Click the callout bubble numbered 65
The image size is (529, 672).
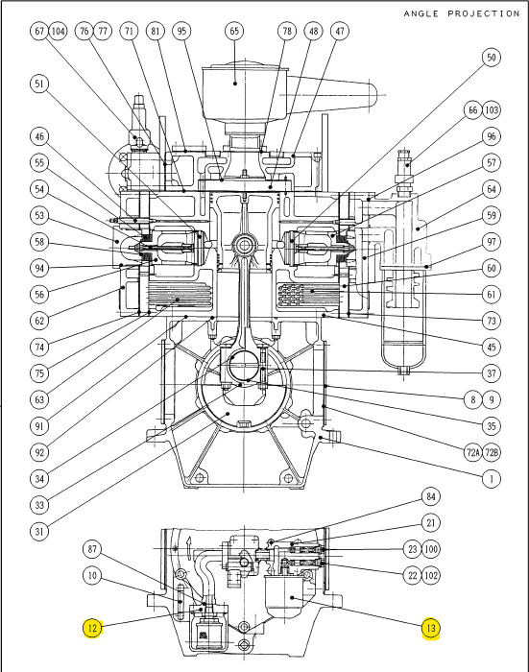[234, 32]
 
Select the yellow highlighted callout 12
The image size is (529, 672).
[91, 629]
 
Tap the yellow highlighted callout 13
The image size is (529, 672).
[432, 629]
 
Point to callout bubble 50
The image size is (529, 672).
[491, 58]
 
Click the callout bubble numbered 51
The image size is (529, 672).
[38, 84]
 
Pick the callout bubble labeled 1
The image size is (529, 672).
[491, 477]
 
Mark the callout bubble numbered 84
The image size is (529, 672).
[432, 496]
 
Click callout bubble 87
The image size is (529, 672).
[91, 549]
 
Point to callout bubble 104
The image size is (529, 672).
[59, 32]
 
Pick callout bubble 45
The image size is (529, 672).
[491, 347]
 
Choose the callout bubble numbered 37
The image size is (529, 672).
[491, 372]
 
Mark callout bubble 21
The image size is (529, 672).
[432, 522]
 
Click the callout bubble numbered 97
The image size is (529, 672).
[491, 242]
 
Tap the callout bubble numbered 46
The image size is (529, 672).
[38, 135]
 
